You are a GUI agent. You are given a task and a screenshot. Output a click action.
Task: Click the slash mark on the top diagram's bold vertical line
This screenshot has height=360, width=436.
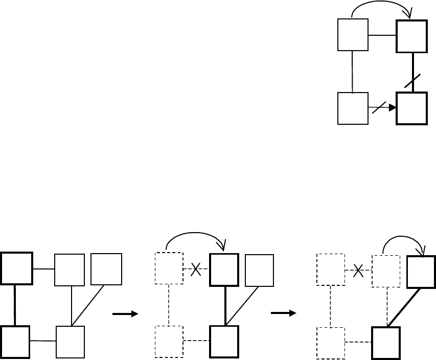[412, 81]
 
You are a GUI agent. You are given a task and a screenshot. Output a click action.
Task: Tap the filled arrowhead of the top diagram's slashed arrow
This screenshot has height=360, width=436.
[393, 108]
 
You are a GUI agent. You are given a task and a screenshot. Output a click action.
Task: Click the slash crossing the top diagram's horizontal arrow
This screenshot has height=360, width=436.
[379, 107]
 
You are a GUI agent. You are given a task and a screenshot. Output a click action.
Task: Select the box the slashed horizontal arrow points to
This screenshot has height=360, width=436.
[411, 108]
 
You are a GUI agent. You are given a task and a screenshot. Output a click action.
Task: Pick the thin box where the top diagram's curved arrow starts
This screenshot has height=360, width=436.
[353, 35]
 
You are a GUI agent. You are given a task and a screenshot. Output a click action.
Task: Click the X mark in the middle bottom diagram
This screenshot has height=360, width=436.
[196, 269]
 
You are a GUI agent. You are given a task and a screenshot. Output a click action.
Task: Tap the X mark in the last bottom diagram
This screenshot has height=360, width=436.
[358, 271]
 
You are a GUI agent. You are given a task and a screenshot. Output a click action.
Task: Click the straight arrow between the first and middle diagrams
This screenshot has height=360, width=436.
[125, 314]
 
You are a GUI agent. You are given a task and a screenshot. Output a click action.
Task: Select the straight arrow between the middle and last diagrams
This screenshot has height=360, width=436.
[284, 313]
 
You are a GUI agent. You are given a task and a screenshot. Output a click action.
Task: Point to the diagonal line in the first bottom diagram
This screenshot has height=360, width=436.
[88, 305]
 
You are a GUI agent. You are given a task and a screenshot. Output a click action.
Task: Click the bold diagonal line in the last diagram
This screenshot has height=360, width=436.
[404, 307]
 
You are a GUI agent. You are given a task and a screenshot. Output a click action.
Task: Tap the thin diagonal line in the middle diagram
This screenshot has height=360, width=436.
[242, 305]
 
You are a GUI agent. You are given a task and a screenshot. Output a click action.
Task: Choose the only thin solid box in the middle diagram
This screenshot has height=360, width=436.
[259, 271]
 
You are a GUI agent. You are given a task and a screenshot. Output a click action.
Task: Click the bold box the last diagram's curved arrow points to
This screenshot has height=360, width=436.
[421, 272]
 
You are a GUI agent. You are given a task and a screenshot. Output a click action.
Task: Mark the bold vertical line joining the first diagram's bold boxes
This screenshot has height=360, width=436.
[15, 305]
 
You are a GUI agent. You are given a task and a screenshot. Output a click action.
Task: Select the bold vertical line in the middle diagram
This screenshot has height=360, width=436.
[225, 305]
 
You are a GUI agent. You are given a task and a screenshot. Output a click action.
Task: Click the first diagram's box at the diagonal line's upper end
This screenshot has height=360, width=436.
[106, 269]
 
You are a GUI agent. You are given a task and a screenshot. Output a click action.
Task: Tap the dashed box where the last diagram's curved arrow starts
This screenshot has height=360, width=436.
[386, 271]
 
